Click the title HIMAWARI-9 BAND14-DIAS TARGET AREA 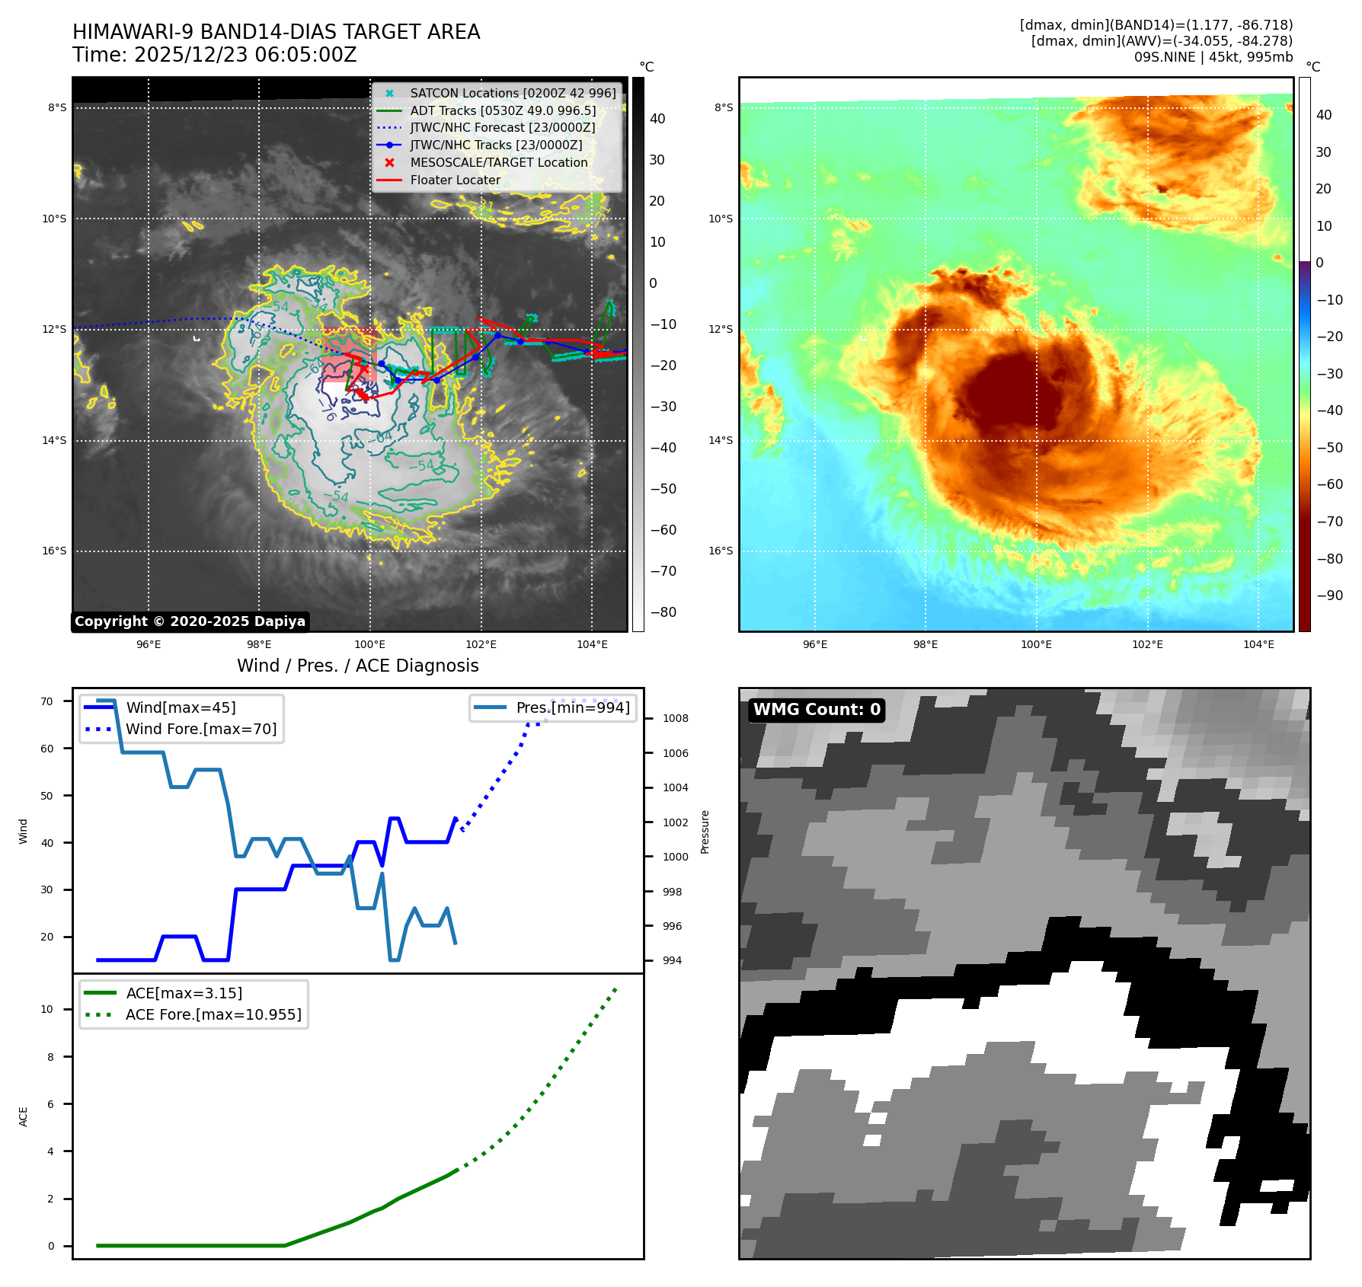pos(276,32)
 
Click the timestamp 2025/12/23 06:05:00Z pos(245,55)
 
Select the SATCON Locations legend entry pos(513,93)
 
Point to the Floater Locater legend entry pos(455,180)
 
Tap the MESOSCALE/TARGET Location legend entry pos(498,162)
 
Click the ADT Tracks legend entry pos(503,110)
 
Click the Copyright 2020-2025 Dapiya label pos(190,621)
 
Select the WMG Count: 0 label pos(817,710)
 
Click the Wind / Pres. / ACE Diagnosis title pos(357,666)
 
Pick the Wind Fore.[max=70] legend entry pos(201,729)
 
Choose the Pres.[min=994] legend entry pos(573,707)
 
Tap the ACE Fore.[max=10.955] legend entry pos(213,1014)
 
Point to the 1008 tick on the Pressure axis pos(675,718)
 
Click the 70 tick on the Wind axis pos(47,701)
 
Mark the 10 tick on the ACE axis pos(47,1009)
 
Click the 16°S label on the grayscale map pos(54,551)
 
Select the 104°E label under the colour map pos(1258,644)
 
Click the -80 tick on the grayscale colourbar pos(663,612)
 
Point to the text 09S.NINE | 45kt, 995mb pos(1213,57)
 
